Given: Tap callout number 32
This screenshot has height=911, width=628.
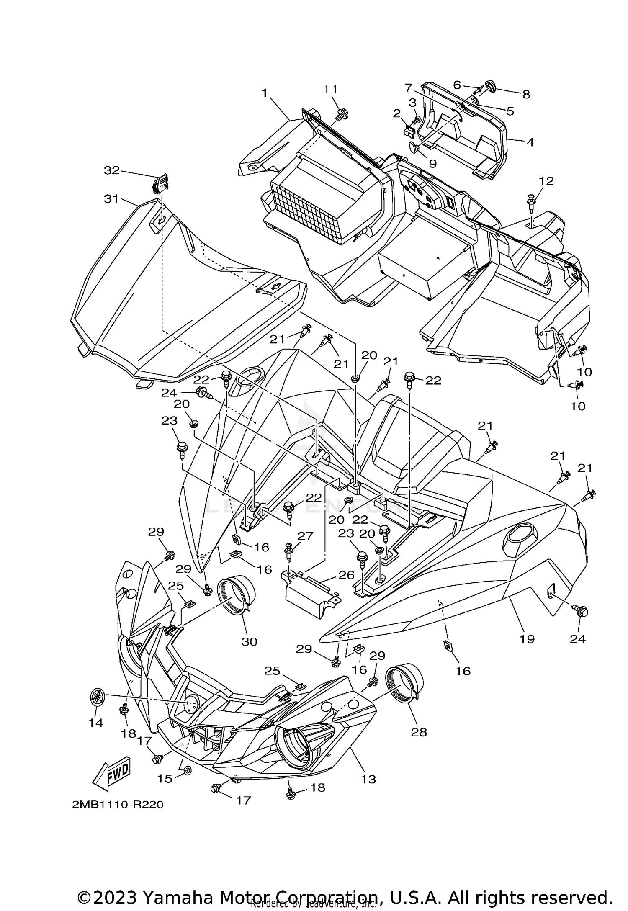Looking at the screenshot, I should [112, 170].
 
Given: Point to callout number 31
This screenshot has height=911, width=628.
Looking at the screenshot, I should [111, 199].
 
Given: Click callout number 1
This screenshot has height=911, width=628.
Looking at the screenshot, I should [264, 93].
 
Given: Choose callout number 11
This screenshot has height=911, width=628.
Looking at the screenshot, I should [330, 89].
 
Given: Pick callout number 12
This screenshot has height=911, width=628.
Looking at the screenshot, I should [546, 181].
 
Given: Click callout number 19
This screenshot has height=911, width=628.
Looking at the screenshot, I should [527, 639].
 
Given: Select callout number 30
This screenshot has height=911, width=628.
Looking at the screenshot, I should [250, 641].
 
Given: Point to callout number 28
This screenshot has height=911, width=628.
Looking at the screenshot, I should [419, 732].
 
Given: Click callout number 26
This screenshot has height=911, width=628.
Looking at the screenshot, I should [347, 575].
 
